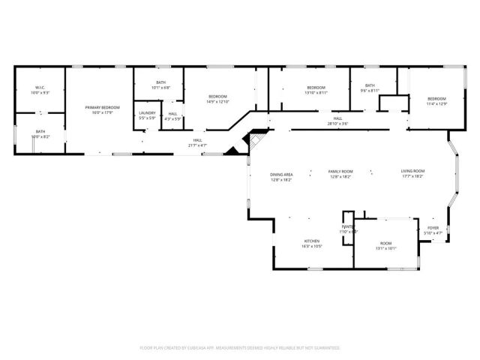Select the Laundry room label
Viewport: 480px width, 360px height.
[x=147, y=115]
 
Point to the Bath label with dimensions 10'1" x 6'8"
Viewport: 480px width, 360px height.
[x=160, y=85]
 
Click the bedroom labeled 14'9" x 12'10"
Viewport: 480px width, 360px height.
[x=217, y=98]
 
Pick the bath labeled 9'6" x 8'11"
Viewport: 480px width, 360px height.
[x=370, y=88]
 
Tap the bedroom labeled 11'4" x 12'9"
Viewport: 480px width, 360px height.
[x=436, y=101]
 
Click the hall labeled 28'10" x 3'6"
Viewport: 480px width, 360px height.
[x=338, y=121]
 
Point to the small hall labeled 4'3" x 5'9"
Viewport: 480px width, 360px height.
[x=172, y=116]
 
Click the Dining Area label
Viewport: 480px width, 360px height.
[x=281, y=177]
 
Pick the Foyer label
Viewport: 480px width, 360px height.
[x=433, y=230]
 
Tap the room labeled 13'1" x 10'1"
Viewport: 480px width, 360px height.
[x=385, y=245]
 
